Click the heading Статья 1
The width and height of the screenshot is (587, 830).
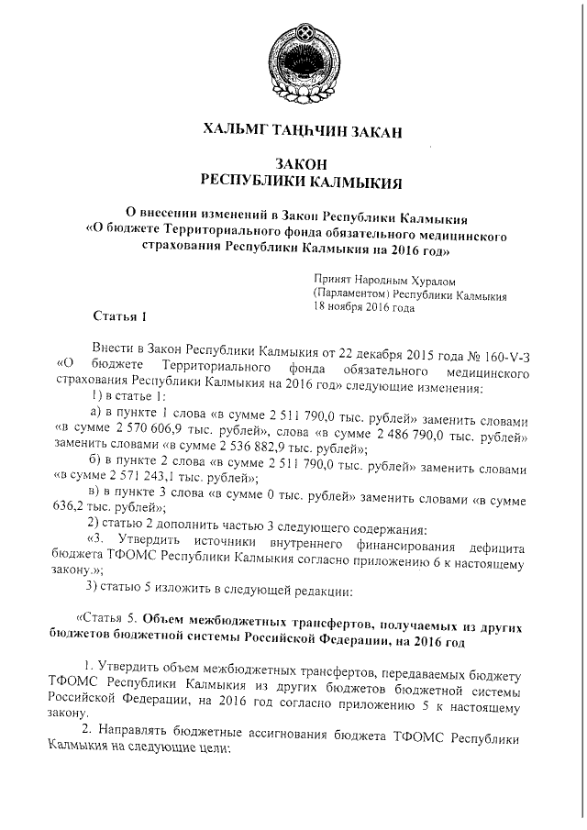click(x=120, y=317)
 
